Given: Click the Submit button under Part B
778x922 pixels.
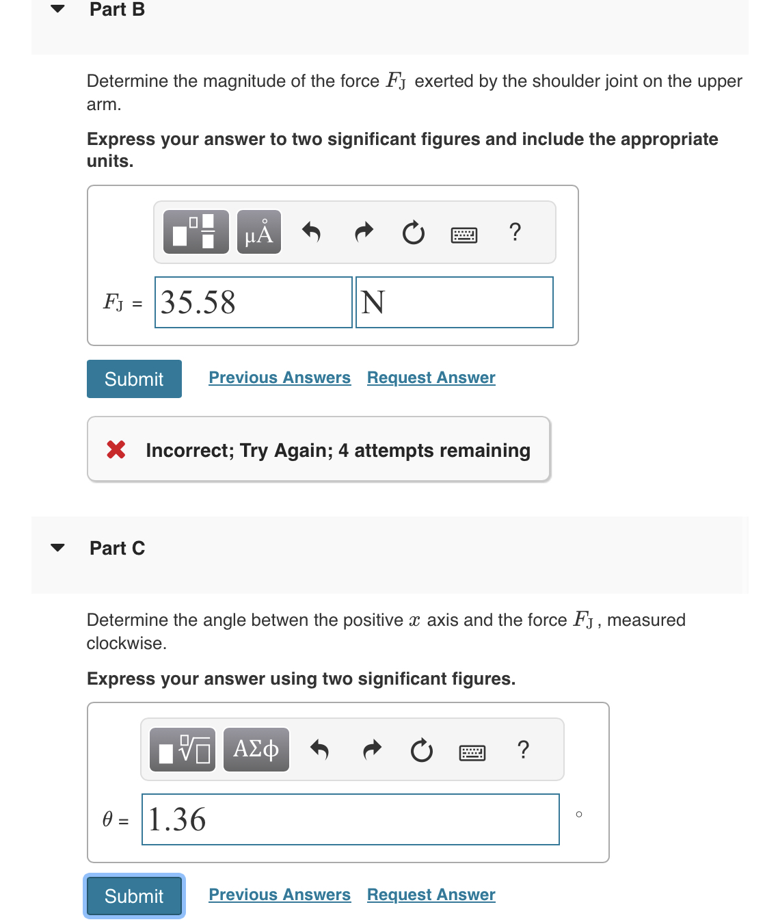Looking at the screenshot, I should (134, 379).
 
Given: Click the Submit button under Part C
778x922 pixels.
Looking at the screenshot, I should (134, 896).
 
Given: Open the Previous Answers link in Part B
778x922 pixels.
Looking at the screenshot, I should (280, 378).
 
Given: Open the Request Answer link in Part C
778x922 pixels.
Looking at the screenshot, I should (431, 895).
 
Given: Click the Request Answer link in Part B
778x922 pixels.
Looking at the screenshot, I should (431, 378).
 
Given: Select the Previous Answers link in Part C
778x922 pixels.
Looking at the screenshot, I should (280, 895).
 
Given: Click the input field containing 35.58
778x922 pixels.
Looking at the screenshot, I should (253, 302).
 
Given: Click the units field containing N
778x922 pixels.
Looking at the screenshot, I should (454, 302).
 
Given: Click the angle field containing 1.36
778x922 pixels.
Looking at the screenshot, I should (350, 819).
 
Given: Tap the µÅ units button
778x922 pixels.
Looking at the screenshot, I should (259, 233).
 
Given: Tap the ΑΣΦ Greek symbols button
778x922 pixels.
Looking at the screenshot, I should (256, 750).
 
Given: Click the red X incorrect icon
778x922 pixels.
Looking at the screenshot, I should (116, 449).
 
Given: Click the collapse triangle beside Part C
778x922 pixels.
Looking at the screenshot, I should (58, 547).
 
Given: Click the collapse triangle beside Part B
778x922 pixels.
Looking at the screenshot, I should (58, 9).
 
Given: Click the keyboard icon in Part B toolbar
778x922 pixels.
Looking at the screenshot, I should (464, 235).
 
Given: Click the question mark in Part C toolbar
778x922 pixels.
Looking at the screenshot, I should (523, 750).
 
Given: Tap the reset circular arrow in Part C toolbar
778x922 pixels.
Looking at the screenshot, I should (422, 750).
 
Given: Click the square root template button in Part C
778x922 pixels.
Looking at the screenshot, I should (183, 750).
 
